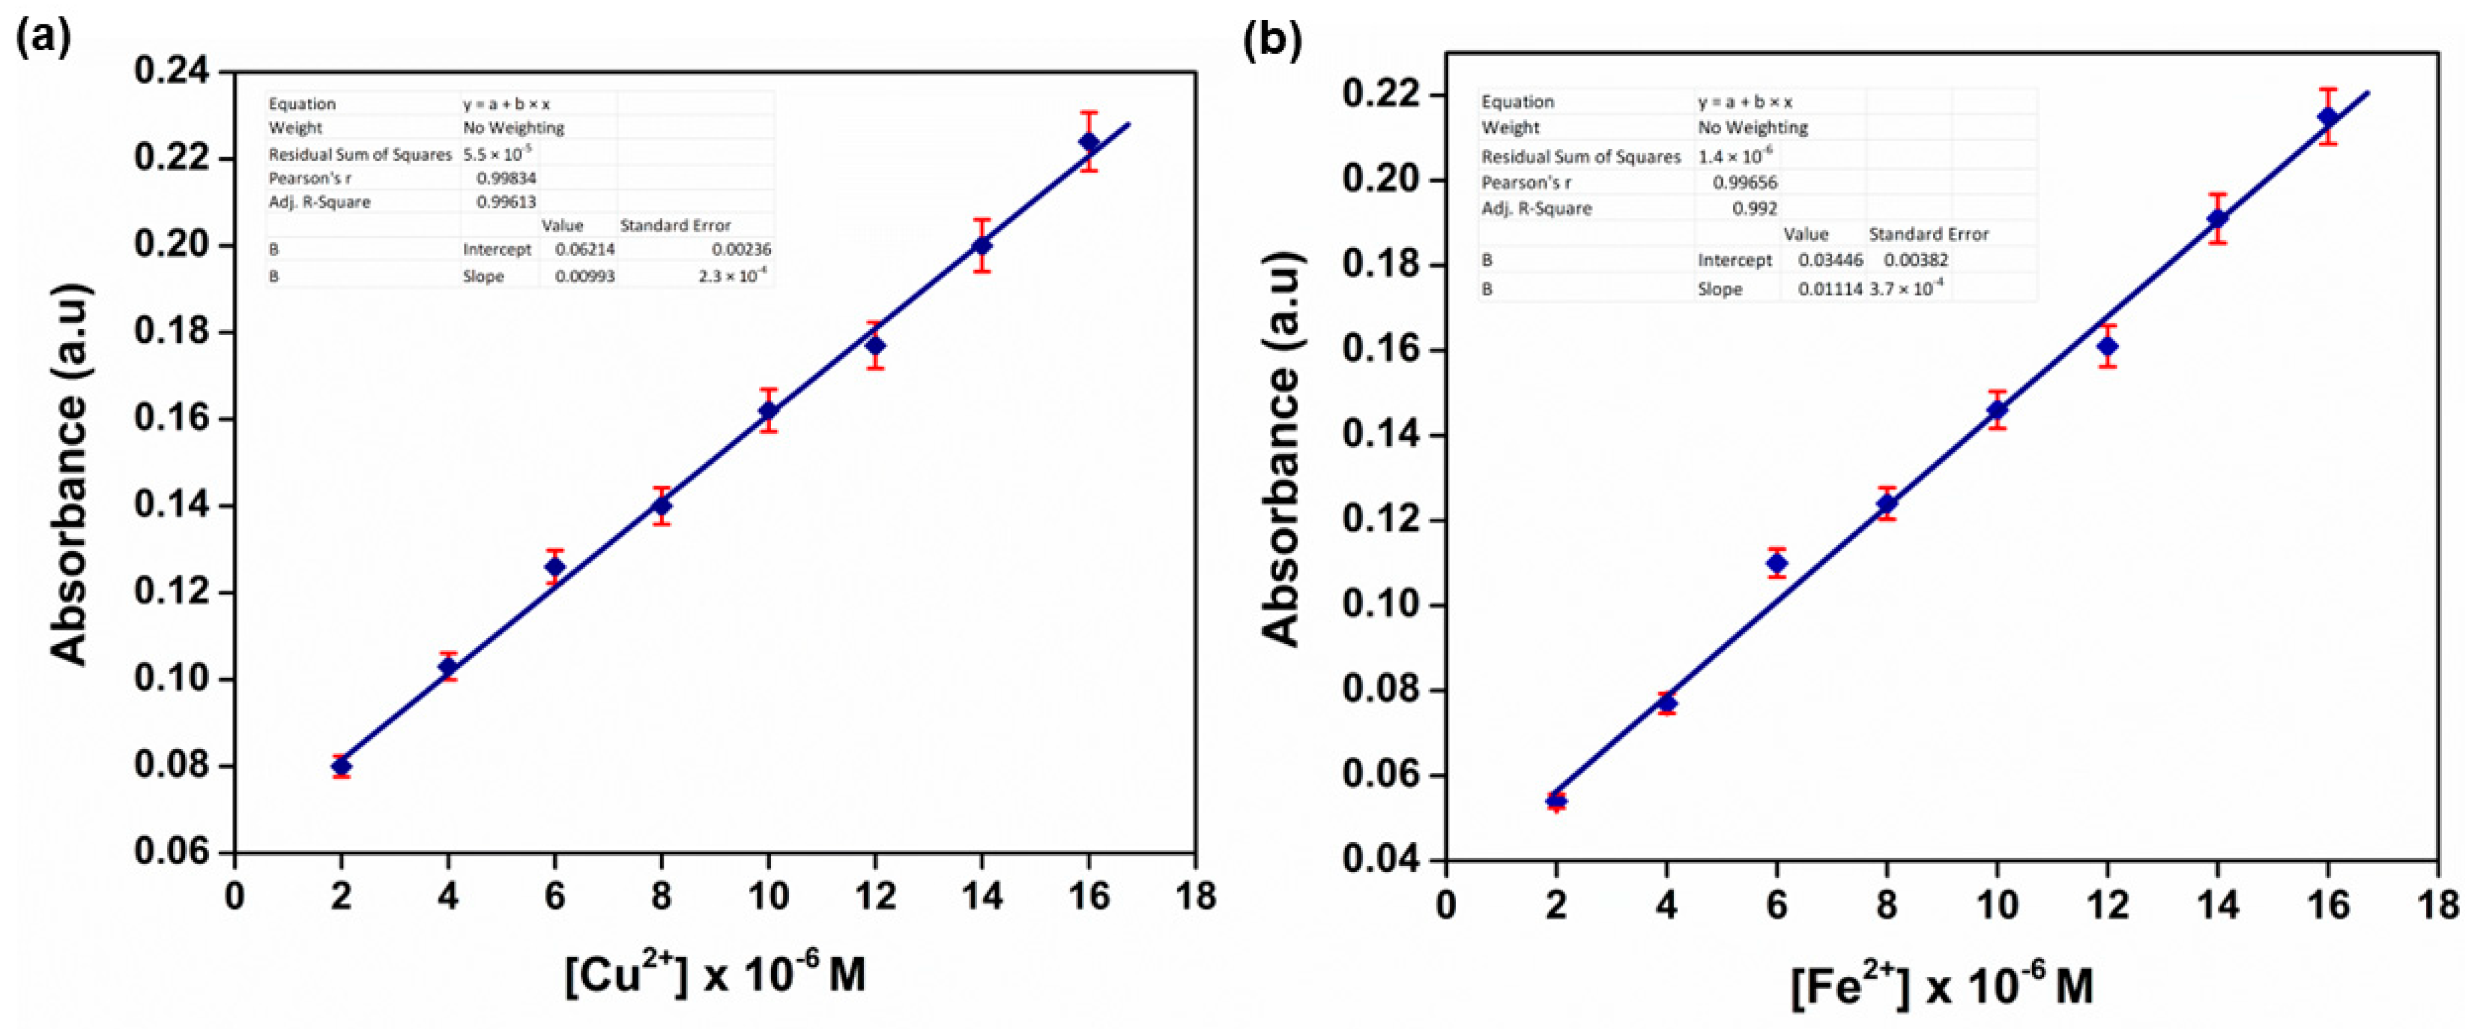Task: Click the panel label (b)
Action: coord(1272,40)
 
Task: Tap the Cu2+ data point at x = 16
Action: coord(1089,142)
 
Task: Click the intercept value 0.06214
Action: coord(585,250)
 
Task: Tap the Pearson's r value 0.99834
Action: coord(507,178)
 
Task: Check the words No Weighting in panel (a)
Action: coord(514,128)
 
